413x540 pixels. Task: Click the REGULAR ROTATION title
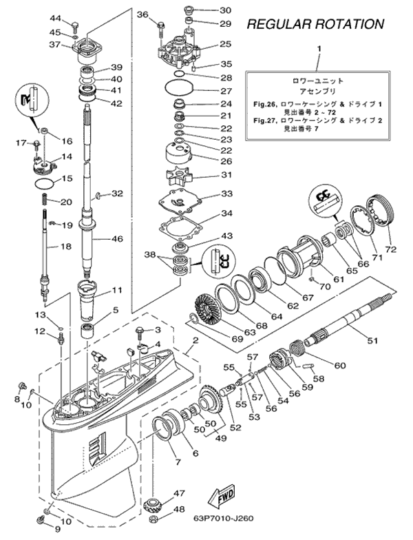315,24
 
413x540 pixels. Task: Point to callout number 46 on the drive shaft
116,238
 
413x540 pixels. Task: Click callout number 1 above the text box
319,48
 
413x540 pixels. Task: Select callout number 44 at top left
55,17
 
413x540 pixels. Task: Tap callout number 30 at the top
225,10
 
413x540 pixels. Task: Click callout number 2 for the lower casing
195,340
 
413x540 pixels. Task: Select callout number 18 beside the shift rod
67,246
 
